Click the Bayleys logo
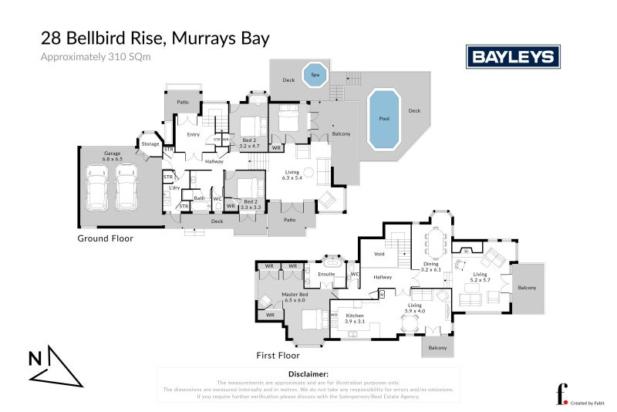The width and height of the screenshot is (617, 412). [x=513, y=56]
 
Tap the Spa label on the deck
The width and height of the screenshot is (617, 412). [x=314, y=75]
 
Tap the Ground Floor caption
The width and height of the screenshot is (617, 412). [x=105, y=238]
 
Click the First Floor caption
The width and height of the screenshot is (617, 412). [x=278, y=356]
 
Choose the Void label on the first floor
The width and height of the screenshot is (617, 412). [x=379, y=253]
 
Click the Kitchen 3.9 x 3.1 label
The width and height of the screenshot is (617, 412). [x=355, y=318]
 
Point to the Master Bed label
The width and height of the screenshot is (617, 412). [x=295, y=296]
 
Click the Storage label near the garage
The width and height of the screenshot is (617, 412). [x=150, y=144]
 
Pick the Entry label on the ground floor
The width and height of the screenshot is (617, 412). [x=194, y=135]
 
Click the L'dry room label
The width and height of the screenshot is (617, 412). [x=174, y=189]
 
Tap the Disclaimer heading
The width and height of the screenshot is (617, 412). [x=308, y=374]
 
